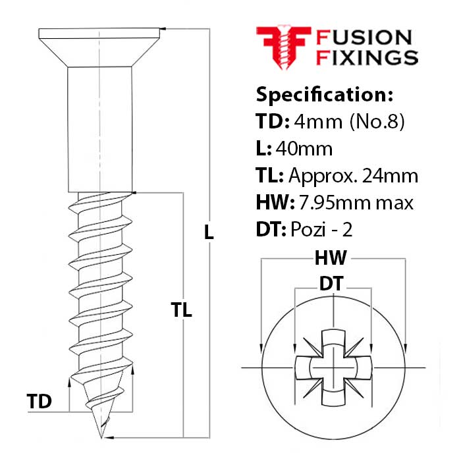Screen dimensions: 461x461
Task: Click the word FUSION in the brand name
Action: coord(364,38)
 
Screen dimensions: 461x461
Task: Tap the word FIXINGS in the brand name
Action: coord(367,57)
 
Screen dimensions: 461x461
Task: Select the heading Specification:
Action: coord(324,94)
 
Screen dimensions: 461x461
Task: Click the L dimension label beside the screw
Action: coord(209,232)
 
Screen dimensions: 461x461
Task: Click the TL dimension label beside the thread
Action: coord(180,310)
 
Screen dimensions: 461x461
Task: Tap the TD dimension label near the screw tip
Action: coord(39,401)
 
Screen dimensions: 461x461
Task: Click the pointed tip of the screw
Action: coord(100,434)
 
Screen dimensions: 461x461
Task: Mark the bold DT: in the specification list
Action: coord(268,230)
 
